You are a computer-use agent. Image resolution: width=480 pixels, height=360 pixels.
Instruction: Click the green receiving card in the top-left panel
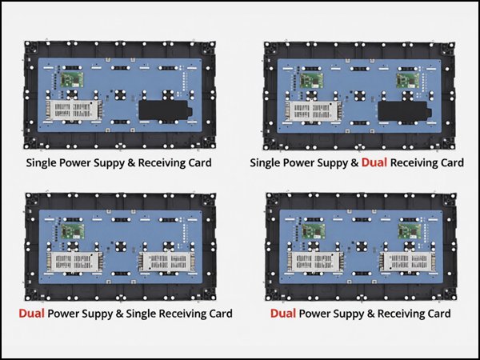point(72,79)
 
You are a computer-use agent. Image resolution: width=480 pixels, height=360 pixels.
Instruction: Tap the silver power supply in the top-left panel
point(74,110)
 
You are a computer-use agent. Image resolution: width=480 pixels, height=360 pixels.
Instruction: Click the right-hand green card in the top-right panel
point(408,80)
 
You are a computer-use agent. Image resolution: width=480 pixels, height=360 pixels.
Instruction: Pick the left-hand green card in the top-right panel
point(311,80)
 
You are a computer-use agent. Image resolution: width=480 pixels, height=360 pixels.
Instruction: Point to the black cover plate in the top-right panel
point(405,111)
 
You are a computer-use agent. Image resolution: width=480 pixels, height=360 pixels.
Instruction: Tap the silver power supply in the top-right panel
point(313,111)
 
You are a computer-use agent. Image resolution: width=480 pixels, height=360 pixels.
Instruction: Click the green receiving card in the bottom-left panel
point(73,231)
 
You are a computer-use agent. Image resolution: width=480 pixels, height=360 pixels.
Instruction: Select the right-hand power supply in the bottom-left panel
point(167,262)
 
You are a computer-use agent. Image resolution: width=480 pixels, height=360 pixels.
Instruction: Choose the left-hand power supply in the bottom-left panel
point(74,262)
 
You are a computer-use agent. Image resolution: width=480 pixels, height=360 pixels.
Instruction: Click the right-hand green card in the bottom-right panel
point(410,231)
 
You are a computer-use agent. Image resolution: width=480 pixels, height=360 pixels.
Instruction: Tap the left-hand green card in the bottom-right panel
point(314,231)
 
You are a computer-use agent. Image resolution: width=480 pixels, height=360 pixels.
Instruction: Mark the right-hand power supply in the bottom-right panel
point(408,262)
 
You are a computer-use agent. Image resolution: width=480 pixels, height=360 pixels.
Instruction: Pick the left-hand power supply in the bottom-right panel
point(315,262)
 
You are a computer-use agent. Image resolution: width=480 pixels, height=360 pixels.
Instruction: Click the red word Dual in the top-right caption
point(374,162)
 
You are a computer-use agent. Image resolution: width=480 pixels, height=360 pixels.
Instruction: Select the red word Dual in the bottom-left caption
point(31,314)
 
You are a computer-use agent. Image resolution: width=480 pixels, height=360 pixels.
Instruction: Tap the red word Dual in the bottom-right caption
point(283,314)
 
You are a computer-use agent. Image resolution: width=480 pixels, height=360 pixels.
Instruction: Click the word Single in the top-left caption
point(41,163)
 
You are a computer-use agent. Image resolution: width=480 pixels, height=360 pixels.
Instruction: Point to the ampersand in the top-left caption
point(131,163)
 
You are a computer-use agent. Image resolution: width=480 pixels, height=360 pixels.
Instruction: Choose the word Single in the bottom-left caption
point(141,314)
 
